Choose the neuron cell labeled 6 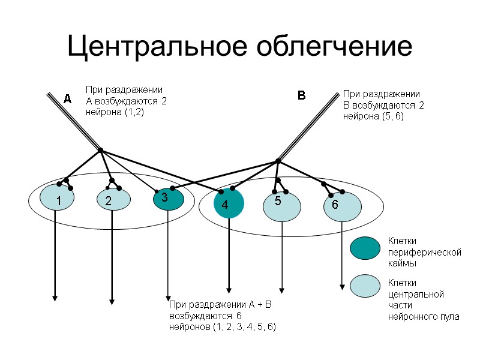coord(342,205)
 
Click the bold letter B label coord(302,95)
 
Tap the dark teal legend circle coord(365,248)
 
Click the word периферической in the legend coord(424,253)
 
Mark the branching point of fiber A coord(101,149)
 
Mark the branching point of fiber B coord(278,160)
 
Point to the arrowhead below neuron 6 coord(342,287)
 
